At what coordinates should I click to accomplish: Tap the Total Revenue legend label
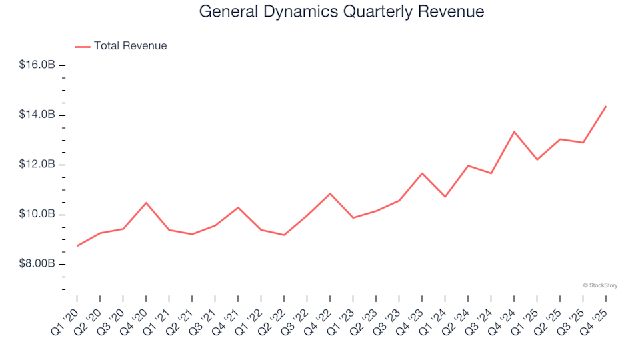pos(130,46)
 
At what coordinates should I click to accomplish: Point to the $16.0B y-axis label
pos(37,65)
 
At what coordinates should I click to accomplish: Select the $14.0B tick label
pos(37,115)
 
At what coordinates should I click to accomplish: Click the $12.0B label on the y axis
pos(37,165)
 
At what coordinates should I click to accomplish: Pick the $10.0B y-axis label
pos(37,215)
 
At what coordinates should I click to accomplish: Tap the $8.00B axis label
pos(37,264)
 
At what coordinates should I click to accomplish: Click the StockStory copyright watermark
pos(600,285)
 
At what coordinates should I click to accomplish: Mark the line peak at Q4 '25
pos(605,106)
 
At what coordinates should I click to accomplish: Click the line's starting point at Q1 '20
pos(77,246)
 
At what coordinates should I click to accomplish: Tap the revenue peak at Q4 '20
pos(146,203)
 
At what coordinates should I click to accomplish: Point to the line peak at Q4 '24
pos(513,131)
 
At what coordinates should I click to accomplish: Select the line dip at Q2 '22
pos(284,235)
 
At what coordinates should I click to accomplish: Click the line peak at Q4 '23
pos(422,173)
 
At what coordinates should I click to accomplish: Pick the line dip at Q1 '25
pos(537,159)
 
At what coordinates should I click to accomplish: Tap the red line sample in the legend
pos(83,47)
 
